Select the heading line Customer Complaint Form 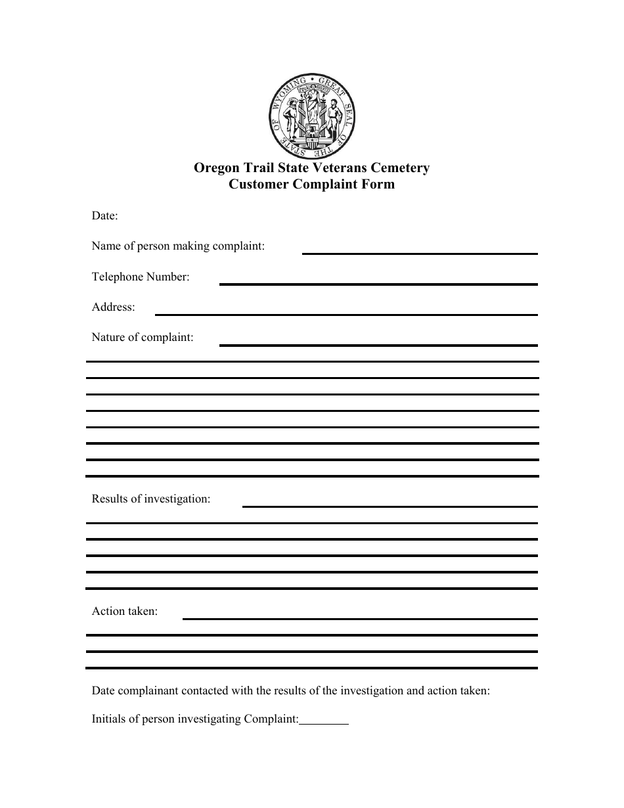(x=311, y=185)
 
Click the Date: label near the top (x=104, y=215)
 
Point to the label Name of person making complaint (x=178, y=246)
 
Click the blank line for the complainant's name (x=419, y=252)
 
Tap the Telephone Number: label (x=141, y=277)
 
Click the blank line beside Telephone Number (x=378, y=283)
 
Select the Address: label (x=114, y=307)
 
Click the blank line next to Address (x=345, y=313)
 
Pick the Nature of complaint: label (x=143, y=338)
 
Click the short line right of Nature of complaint (x=378, y=344)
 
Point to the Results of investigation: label (x=151, y=499)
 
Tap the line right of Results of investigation (x=390, y=506)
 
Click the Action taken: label (x=125, y=612)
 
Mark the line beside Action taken (x=360, y=618)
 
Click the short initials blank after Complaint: (x=324, y=723)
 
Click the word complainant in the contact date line (x=148, y=691)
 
